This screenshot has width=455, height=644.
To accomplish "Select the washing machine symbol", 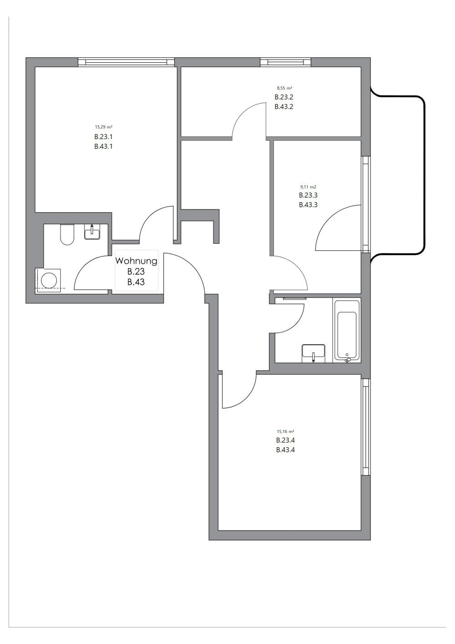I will [48, 279].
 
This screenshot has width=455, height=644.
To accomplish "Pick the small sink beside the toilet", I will [92, 233].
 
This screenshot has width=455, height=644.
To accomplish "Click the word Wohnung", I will [136, 261].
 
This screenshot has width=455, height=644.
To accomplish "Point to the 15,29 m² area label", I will [103, 127].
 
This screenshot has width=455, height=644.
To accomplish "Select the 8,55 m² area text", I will [284, 88].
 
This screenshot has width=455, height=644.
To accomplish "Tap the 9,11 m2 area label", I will [308, 187].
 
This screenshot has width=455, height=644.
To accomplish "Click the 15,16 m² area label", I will [285, 431].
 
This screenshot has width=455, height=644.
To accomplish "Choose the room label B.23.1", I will [103, 137].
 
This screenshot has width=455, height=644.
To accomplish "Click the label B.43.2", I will [284, 107].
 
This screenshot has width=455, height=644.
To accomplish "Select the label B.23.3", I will [308, 195].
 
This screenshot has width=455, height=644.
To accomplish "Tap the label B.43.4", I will [285, 450].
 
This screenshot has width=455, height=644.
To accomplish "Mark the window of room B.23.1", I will [126, 62].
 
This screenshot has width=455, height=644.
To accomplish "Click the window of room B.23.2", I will [285, 62].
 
